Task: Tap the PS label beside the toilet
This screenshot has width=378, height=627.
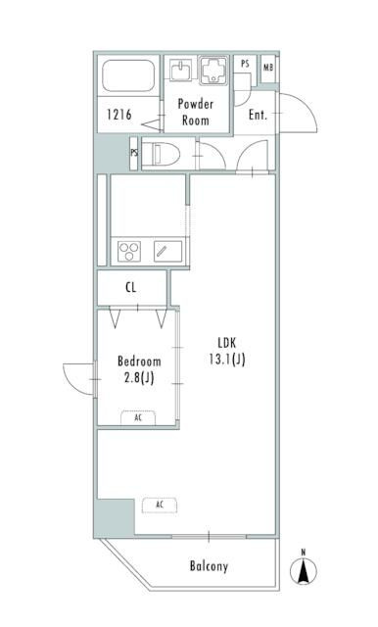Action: point(133,154)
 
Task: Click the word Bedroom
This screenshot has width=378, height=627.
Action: point(138,361)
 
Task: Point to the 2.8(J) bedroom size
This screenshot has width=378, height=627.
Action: point(138,377)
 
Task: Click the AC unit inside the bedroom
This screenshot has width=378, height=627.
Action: point(138,416)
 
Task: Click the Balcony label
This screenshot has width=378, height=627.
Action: point(209,566)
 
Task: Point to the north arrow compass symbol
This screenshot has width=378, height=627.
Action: point(304,568)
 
